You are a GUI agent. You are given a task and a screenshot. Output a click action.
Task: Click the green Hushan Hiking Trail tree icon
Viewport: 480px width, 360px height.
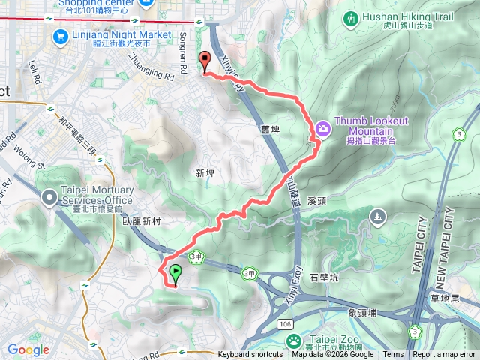[x=350, y=17]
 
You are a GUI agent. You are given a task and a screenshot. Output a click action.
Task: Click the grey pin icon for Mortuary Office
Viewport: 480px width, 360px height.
[x=49, y=198]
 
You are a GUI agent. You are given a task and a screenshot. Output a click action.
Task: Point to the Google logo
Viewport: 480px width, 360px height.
[x=28, y=349]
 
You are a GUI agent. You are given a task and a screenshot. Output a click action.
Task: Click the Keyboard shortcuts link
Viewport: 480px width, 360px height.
[x=250, y=355]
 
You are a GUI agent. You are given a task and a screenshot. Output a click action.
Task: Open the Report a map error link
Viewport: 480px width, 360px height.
[x=445, y=355]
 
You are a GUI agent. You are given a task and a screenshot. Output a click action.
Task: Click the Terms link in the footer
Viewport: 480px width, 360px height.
[x=393, y=355]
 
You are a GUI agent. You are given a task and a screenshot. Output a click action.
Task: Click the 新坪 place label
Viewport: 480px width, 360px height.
[x=205, y=173]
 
